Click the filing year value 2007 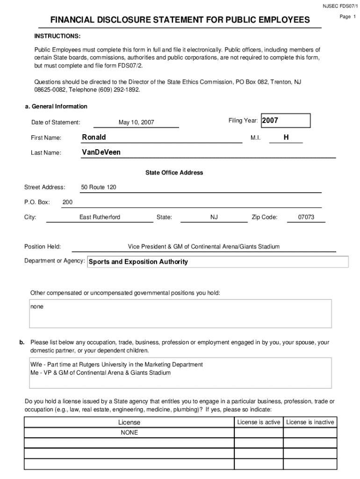pyautogui.click(x=270, y=121)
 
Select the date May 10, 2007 pyautogui.click(x=136, y=123)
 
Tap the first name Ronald pyautogui.click(x=94, y=137)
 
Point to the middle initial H pyautogui.click(x=286, y=137)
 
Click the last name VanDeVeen pyautogui.click(x=101, y=152)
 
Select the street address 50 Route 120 pyautogui.click(x=99, y=187)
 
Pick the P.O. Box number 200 pyautogui.click(x=67, y=202)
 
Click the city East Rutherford pyautogui.click(x=100, y=217)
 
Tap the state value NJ pyautogui.click(x=214, y=217)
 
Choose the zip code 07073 pyautogui.click(x=306, y=217)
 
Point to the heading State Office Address pyautogui.click(x=174, y=173)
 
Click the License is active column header pyautogui.click(x=259, y=422)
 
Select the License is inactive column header pyautogui.click(x=310, y=422)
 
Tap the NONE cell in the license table pyautogui.click(x=129, y=433)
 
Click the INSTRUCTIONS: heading pyautogui.click(x=57, y=36)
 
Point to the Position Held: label pyautogui.click(x=43, y=247)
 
